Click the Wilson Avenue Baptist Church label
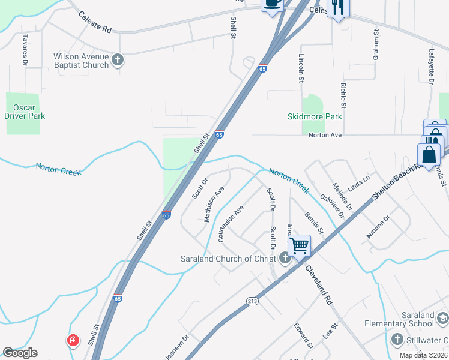click(81, 61)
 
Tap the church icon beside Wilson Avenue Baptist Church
click(118, 59)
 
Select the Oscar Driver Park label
click(25, 112)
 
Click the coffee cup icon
click(272, 4)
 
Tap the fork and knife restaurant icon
click(339, 8)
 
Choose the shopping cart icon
click(299, 245)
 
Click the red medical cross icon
click(73, 341)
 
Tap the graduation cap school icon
click(442, 318)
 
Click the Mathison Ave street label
click(214, 204)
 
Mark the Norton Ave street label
click(325, 136)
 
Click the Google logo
click(20, 353)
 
